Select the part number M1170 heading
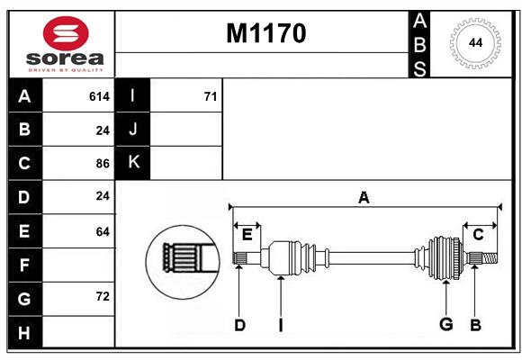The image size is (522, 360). [265, 33]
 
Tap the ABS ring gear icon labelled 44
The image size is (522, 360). [473, 43]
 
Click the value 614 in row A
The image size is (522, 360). [99, 96]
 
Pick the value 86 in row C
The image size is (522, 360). [102, 164]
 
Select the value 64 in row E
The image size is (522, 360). [102, 231]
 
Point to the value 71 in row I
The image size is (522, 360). [210, 96]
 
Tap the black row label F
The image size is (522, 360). [24, 265]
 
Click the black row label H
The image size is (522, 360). [24, 332]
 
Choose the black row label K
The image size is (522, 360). [133, 163]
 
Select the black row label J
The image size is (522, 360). [133, 130]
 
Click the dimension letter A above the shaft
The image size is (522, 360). [364, 197]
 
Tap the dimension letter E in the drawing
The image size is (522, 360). [247, 235]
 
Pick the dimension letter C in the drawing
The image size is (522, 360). [478, 235]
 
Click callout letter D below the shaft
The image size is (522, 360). [239, 326]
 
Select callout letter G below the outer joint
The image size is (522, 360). [445, 324]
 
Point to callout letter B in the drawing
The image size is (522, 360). [474, 325]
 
